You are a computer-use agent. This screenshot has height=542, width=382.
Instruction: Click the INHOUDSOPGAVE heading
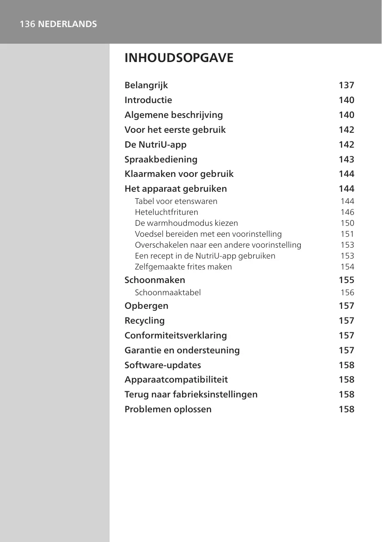point(179,58)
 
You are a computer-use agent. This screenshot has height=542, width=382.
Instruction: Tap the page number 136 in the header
point(27,24)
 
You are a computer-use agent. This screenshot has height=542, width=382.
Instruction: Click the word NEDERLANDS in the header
point(67,24)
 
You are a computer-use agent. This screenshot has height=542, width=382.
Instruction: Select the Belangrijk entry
point(146,85)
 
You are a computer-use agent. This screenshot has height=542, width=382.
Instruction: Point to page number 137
point(346,85)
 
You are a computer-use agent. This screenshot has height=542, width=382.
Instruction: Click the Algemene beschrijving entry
point(174,115)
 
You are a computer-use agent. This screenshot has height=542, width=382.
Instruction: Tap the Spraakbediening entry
point(161,159)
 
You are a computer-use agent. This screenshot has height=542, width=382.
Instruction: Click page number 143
point(346,159)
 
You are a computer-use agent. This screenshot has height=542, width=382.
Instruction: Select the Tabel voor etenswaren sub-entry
point(176,201)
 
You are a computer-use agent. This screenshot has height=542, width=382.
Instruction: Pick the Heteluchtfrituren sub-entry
point(166,212)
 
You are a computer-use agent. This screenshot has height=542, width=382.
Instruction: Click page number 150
point(347,223)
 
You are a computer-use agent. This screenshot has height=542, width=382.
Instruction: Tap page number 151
point(347,234)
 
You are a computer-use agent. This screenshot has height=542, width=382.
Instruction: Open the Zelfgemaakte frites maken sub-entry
point(183,267)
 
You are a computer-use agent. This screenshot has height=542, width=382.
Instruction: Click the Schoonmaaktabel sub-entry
point(168,293)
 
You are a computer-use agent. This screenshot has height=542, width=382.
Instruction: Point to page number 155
point(346,280)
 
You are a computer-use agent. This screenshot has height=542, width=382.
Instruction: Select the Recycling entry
point(145,321)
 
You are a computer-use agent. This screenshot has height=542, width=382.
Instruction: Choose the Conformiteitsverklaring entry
point(176,335)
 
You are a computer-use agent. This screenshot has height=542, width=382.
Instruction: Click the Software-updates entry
point(163,365)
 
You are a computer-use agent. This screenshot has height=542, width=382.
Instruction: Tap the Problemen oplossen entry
point(168,409)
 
